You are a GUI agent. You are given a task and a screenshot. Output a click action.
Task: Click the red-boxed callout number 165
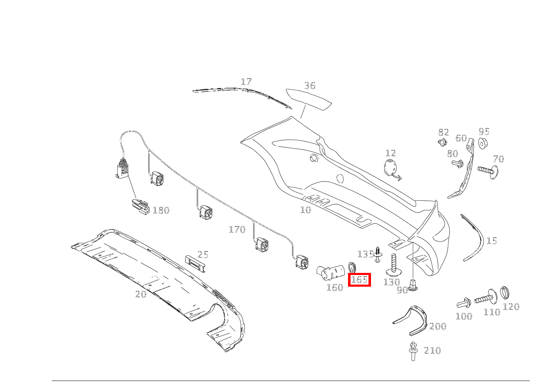pyautogui.click(x=359, y=280)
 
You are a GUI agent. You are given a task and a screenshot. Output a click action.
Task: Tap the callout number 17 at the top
pyautogui.click(x=246, y=82)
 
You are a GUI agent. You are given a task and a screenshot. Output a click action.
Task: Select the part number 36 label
pyautogui.click(x=310, y=86)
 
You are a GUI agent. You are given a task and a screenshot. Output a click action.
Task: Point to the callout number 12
pyautogui.click(x=391, y=153)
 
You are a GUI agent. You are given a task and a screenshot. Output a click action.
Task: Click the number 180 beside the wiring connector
pyautogui.click(x=161, y=210)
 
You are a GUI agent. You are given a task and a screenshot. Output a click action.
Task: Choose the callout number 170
pyautogui.click(x=237, y=230)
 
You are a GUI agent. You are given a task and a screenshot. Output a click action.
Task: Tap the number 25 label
pyautogui.click(x=203, y=255)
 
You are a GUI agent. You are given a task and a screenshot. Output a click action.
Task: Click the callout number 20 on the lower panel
pyautogui.click(x=141, y=294)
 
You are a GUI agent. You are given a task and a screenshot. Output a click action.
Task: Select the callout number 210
pyautogui.click(x=432, y=351)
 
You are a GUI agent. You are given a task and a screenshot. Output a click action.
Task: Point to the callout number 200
pyautogui.click(x=438, y=326)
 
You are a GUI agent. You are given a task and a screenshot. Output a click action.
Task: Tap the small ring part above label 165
pyautogui.click(x=352, y=267)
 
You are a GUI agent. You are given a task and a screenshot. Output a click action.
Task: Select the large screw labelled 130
pyautogui.click(x=393, y=263)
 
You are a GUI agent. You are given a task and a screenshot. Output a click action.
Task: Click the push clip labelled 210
pyautogui.click(x=413, y=351)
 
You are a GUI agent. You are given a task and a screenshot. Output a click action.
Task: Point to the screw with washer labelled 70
pyautogui.click(x=489, y=171)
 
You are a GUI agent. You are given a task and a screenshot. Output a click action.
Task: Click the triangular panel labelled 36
pyautogui.click(x=308, y=99)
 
